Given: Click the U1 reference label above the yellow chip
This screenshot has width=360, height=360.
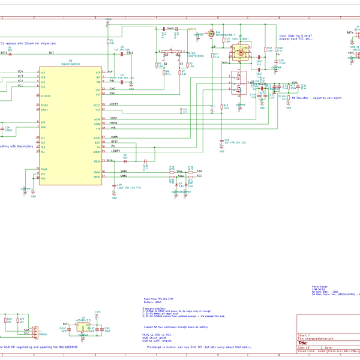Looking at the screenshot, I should coord(70,61).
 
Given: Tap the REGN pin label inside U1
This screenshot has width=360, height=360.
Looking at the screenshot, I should coord(96,161).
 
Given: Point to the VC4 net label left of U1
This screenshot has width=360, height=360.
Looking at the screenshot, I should coord(20,71).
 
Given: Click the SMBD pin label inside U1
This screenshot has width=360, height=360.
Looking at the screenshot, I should coord(96,172).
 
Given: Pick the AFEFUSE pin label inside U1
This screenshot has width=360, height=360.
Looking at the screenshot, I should coord(46,96).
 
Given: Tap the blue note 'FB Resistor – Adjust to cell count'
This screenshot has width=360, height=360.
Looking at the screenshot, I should coord(316,98).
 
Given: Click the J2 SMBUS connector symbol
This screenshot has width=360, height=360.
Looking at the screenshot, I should coord(35,331).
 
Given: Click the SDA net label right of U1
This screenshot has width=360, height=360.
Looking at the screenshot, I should coord(199,171).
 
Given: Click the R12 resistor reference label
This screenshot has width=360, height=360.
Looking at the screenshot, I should coord(226,106).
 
